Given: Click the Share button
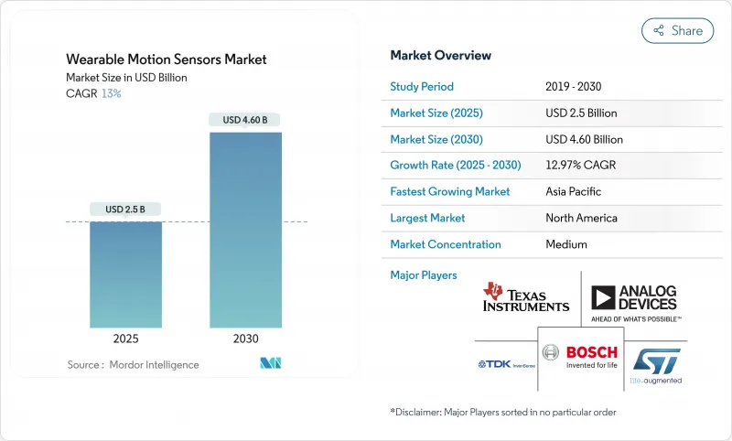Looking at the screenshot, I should [677, 30].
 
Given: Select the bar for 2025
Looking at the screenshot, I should [126, 274].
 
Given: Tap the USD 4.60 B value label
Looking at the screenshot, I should [245, 120].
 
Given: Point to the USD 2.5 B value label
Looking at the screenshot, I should [126, 209].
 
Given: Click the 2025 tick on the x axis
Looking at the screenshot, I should [126, 338].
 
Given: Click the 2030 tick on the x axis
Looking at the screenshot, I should [245, 338].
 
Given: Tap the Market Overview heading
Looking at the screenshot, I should [440, 55].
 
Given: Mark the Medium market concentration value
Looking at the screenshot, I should [565, 244].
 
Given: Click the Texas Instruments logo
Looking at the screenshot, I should [526, 297].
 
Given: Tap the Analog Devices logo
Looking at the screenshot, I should [633, 302].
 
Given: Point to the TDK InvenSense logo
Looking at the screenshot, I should [506, 363].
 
